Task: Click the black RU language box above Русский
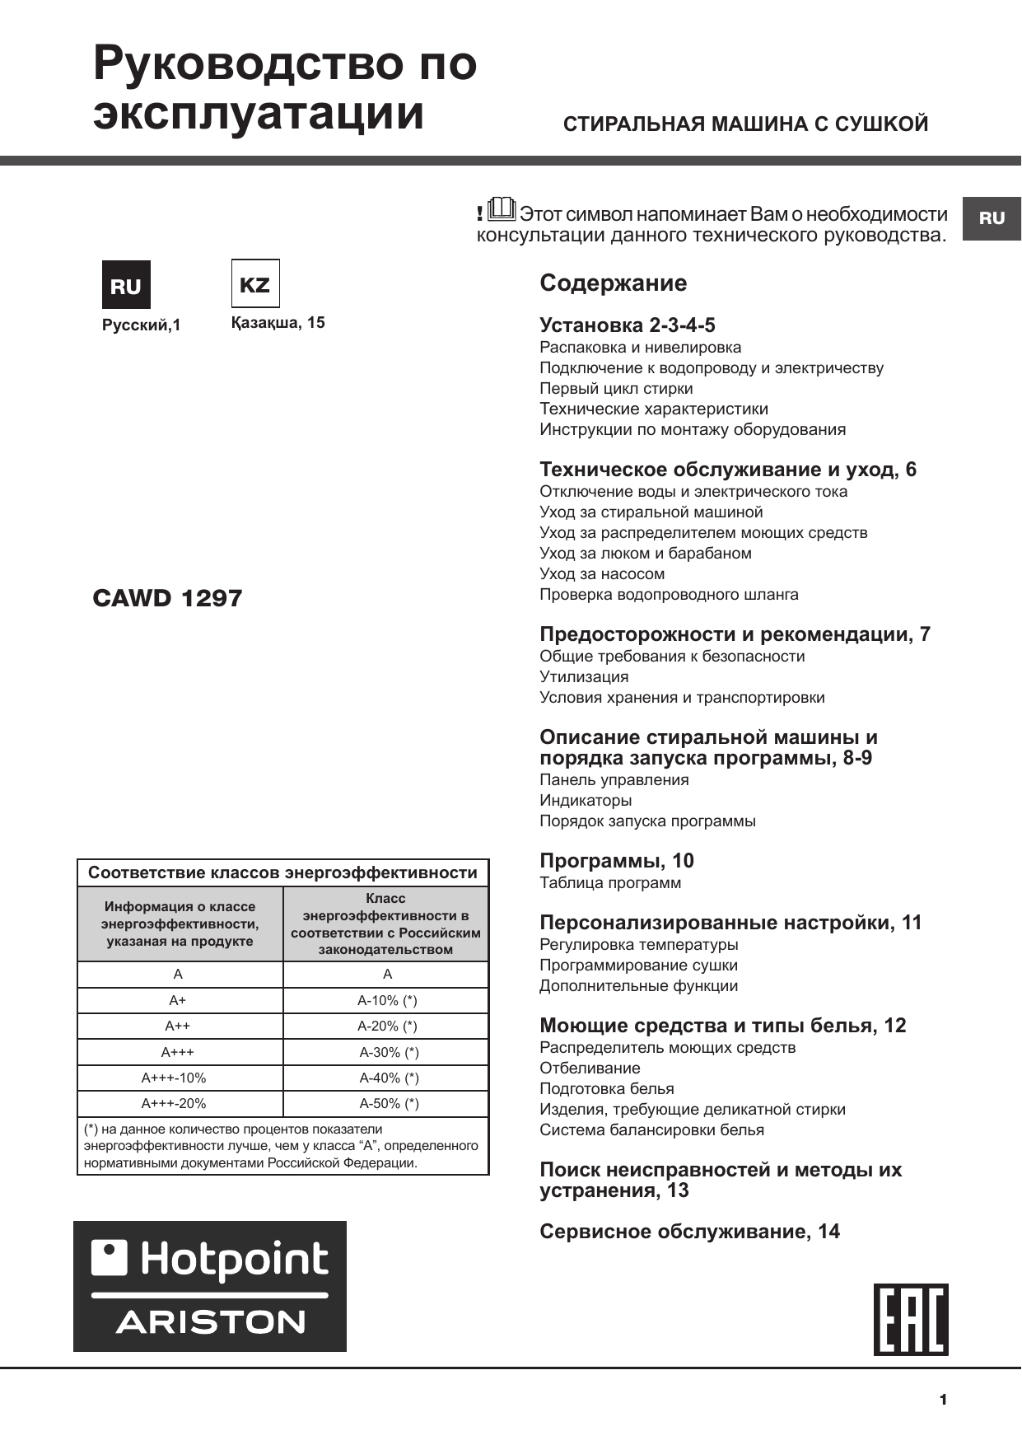(x=126, y=285)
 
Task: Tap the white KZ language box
(x=254, y=284)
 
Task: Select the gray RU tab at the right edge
(x=992, y=218)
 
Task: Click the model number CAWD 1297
(x=167, y=598)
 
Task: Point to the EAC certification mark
(x=911, y=1319)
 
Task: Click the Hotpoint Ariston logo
(x=210, y=1286)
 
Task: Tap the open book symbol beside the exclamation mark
(x=501, y=210)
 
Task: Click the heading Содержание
(x=613, y=283)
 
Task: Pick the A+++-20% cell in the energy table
(x=174, y=1103)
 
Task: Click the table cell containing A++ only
(x=178, y=1026)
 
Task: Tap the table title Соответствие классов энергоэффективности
(x=282, y=873)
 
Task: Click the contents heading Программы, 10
(x=616, y=861)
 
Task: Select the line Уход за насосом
(x=602, y=574)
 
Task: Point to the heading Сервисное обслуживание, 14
(x=689, y=1232)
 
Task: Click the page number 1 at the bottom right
(x=943, y=1400)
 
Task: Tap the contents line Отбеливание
(x=590, y=1069)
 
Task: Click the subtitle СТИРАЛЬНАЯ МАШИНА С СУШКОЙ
(x=745, y=124)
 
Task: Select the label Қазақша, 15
(x=278, y=323)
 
